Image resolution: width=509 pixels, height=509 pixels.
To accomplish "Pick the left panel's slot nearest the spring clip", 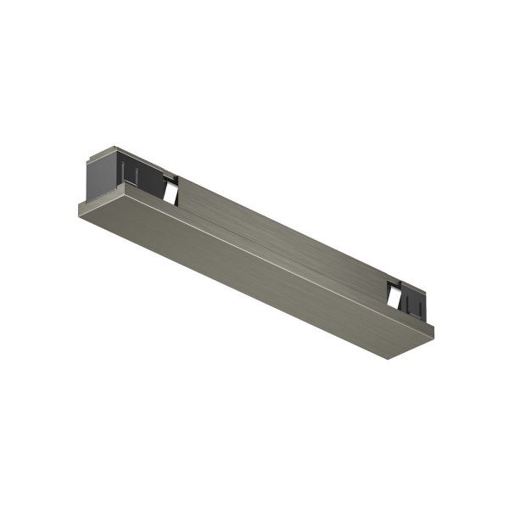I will (135, 176).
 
